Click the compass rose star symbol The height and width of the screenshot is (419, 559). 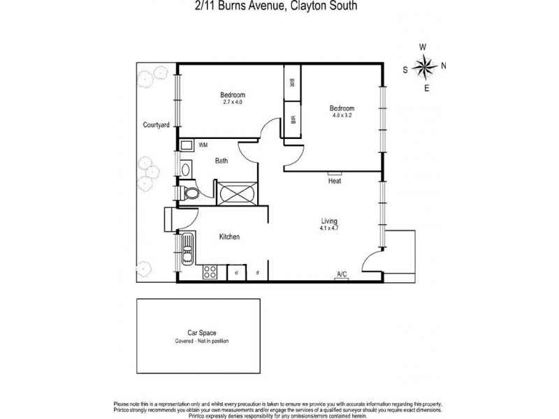(423, 67)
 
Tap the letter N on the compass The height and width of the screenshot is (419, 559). (444, 67)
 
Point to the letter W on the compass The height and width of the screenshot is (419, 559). (423, 47)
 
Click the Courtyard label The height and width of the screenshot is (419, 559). (155, 125)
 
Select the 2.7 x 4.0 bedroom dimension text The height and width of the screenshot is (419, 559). (233, 103)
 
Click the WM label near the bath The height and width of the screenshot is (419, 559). (203, 145)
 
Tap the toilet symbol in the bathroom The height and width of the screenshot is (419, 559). (189, 191)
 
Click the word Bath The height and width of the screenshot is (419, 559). (221, 161)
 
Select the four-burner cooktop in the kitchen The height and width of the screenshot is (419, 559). (208, 273)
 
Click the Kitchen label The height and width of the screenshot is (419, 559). (229, 237)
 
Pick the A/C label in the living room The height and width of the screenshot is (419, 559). (342, 274)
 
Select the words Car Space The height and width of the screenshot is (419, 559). (201, 333)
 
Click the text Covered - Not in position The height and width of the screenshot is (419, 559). (202, 341)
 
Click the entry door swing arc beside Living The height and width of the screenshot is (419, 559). (370, 264)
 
